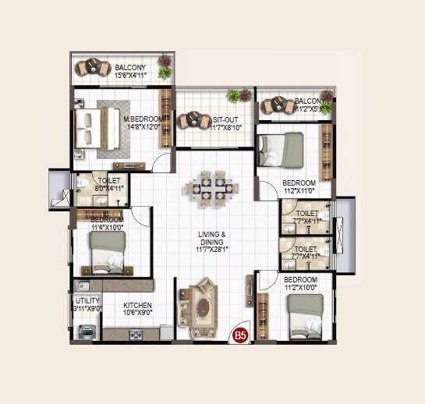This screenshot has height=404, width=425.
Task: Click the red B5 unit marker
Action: [241, 336]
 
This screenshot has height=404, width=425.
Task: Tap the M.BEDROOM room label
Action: [143, 119]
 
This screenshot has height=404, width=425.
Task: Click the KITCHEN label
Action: [137, 305]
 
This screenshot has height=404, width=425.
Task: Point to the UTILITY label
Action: [87, 300]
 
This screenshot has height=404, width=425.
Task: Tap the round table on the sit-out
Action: [190, 120]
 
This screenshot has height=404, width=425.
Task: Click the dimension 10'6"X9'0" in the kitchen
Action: [137, 313]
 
